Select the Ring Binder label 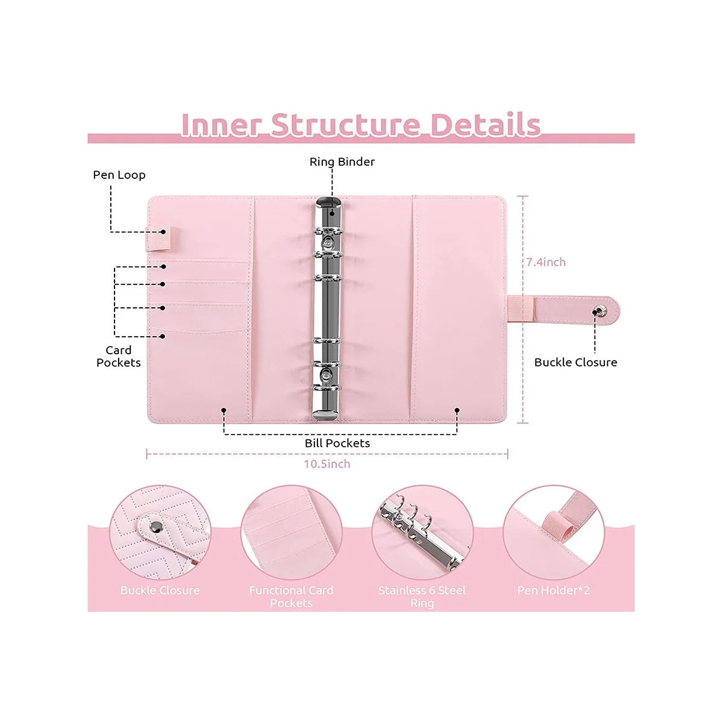pyautogui.click(x=342, y=161)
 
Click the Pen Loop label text pyautogui.click(x=119, y=175)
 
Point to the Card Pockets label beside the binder pyautogui.click(x=119, y=356)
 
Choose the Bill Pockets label pyautogui.click(x=337, y=443)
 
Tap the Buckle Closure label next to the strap pyautogui.click(x=575, y=362)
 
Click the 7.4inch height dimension pyautogui.click(x=546, y=262)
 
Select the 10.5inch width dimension pyautogui.click(x=327, y=464)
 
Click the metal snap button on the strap pyautogui.click(x=598, y=311)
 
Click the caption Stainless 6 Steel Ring pyautogui.click(x=422, y=596)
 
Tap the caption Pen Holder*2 pyautogui.click(x=553, y=590)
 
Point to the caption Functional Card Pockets pyautogui.click(x=291, y=596)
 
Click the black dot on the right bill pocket pyautogui.click(x=457, y=410)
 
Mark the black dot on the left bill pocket pyautogui.click(x=224, y=410)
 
